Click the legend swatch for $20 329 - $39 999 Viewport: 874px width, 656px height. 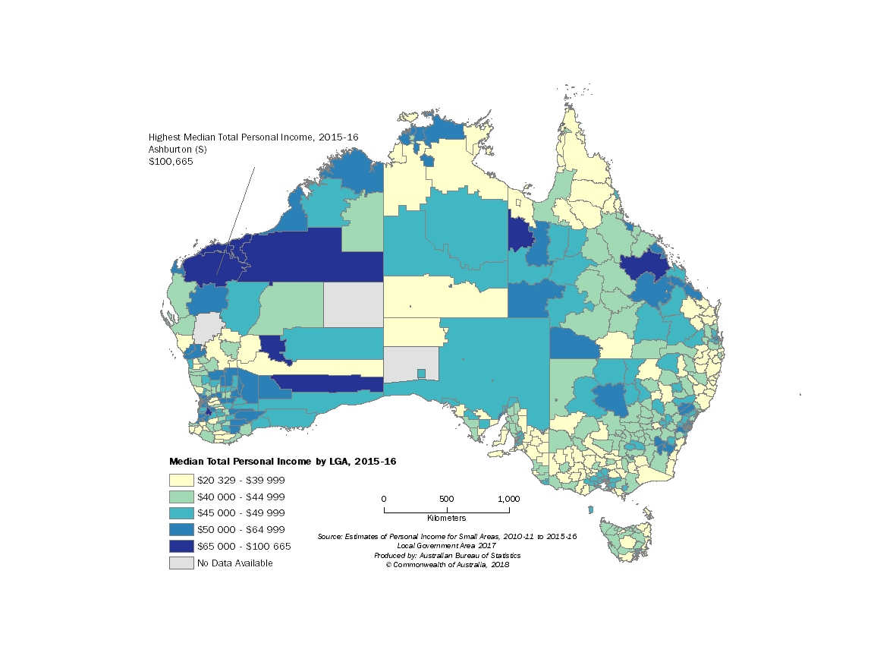click(181, 480)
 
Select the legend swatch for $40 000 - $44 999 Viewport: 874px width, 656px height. click(181, 497)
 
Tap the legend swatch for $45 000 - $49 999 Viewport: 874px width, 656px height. click(181, 513)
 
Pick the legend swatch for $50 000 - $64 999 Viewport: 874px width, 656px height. click(181, 529)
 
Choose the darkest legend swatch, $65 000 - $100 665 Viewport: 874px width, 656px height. click(181, 546)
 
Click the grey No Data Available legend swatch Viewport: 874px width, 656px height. click(181, 563)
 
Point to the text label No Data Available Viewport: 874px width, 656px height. click(234, 563)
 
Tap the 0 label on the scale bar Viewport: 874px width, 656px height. click(384, 499)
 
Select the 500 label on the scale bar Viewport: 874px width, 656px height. click(446, 499)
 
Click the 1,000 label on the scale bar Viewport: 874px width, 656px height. click(508, 499)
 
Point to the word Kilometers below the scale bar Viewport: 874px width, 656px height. click(447, 518)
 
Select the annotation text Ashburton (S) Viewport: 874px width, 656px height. click(178, 150)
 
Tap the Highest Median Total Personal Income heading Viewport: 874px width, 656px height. click(253, 137)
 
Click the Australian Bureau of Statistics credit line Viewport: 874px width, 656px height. click(447, 555)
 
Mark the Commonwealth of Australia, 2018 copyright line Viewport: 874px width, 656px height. click(447, 564)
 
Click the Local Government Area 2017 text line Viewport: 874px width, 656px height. click(447, 546)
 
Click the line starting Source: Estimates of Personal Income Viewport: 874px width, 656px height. click(447, 537)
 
